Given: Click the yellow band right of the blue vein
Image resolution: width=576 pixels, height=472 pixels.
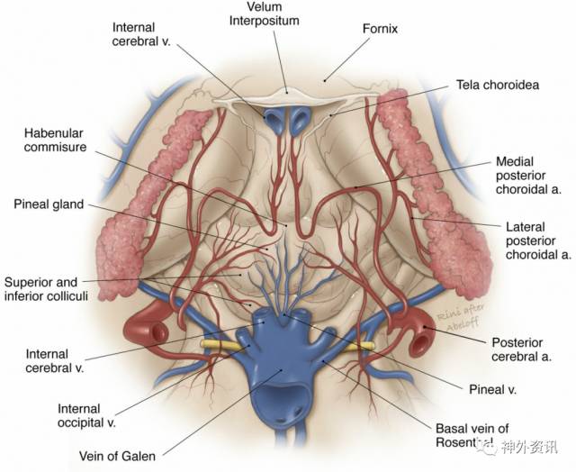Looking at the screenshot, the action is tap(362, 345).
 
